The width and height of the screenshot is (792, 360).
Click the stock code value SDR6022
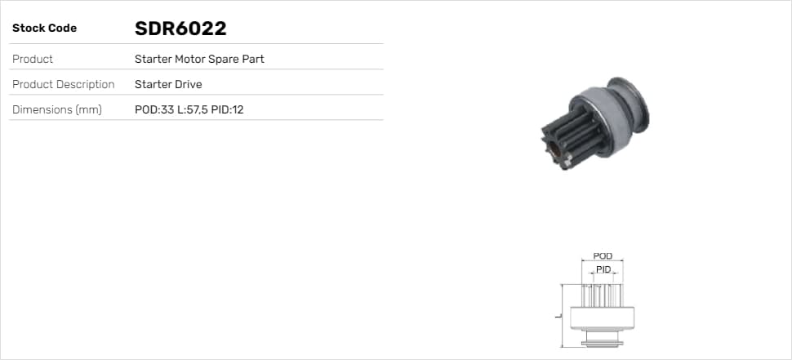pos(180,29)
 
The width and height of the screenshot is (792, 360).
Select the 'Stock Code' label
pos(44,29)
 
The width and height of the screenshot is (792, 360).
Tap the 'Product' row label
pos(33,59)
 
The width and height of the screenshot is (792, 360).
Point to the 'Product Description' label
pos(63,84)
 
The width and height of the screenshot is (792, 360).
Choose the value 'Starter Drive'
pos(168,84)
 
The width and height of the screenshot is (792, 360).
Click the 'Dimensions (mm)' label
pos(56,109)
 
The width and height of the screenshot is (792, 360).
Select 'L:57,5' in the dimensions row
pos(193,109)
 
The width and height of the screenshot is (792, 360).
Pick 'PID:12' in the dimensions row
pos(227,109)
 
